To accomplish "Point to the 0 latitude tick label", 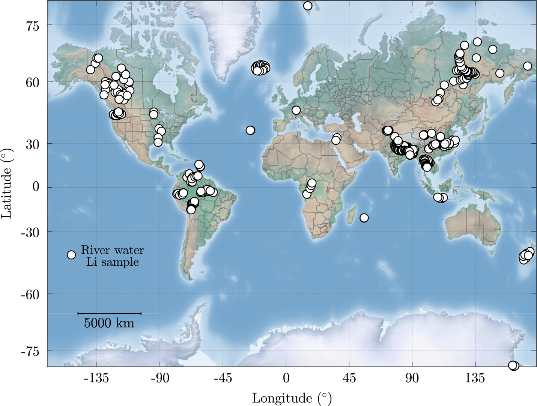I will pos(36,187).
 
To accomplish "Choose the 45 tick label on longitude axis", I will pos(349,378).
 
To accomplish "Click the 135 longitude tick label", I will pos(475,378).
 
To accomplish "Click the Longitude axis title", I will pos(292,398).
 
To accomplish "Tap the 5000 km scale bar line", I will pos(109,313).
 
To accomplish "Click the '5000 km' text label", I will pos(109,323).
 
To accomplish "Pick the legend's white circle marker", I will pos(71,255).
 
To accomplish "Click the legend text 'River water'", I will pos(112,250).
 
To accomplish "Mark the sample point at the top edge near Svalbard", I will pos(308,6).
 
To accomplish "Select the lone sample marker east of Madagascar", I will pos(364,218).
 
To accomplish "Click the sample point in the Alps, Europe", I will pos(296,110).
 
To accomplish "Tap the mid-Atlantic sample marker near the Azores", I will pos(250,130).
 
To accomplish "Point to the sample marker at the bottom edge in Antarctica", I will pos(513,365).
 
